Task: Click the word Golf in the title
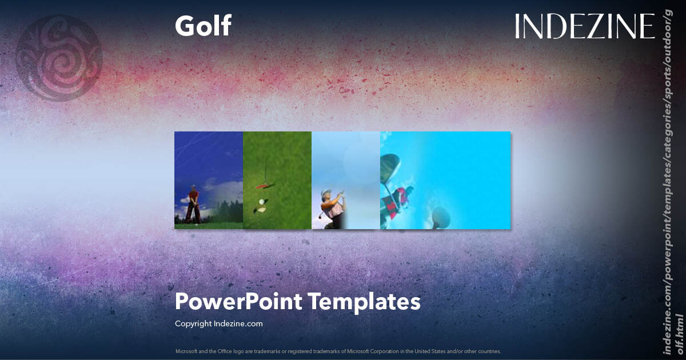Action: tap(203, 26)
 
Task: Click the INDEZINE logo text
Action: tap(584, 26)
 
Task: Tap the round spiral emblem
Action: tap(59, 58)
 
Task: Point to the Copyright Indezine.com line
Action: tap(219, 323)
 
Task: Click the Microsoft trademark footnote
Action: tap(338, 351)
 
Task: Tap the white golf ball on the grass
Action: tap(262, 202)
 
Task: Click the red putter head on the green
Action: tap(262, 186)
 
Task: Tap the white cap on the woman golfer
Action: tap(326, 193)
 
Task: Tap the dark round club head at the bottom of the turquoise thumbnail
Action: tap(440, 216)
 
